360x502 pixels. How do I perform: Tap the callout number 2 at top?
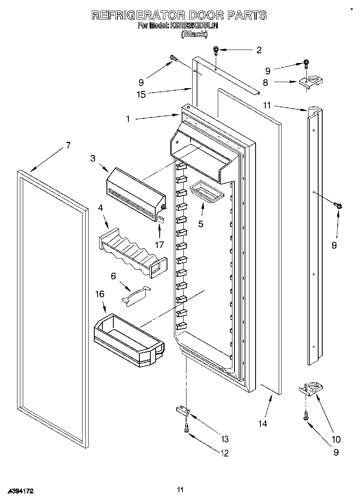(258, 50)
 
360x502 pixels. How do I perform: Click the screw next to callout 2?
(216, 51)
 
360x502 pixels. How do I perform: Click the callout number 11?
(266, 106)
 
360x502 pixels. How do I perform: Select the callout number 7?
(68, 145)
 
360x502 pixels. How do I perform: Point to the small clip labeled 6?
(136, 295)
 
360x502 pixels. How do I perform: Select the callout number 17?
(159, 245)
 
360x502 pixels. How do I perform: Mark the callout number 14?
(262, 424)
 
